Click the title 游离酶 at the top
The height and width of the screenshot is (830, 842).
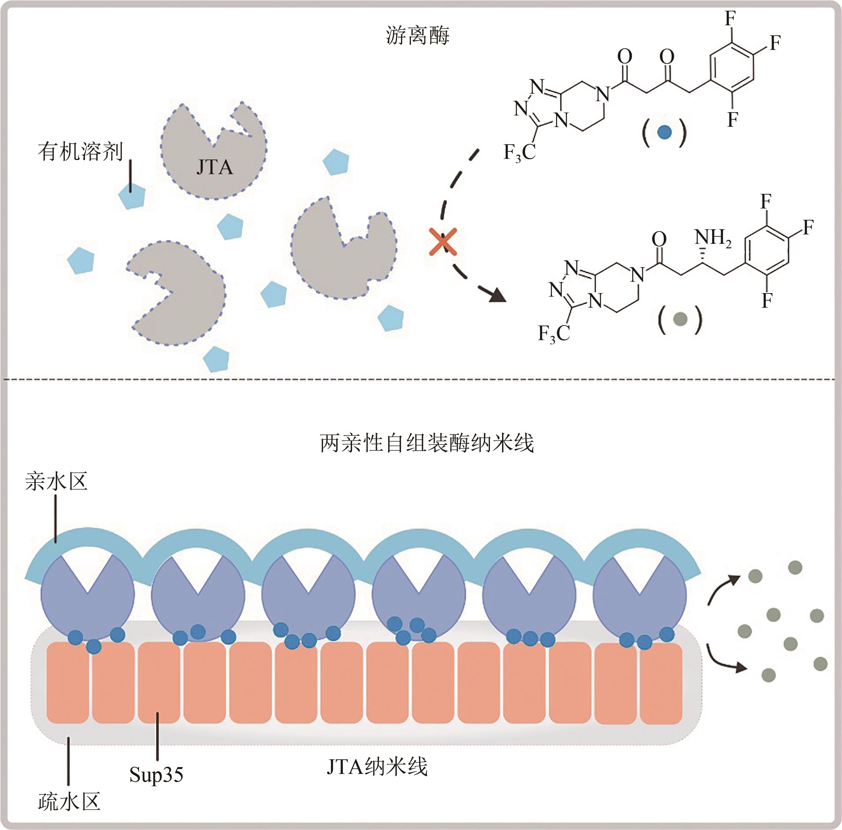pyautogui.click(x=417, y=36)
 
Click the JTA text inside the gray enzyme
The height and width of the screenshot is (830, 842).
pyautogui.click(x=215, y=167)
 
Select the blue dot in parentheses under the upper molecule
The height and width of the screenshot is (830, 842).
pyautogui.click(x=664, y=132)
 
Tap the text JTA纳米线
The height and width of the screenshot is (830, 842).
pyautogui.click(x=377, y=767)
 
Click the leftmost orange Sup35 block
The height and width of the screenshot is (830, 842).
pyautogui.click(x=67, y=682)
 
